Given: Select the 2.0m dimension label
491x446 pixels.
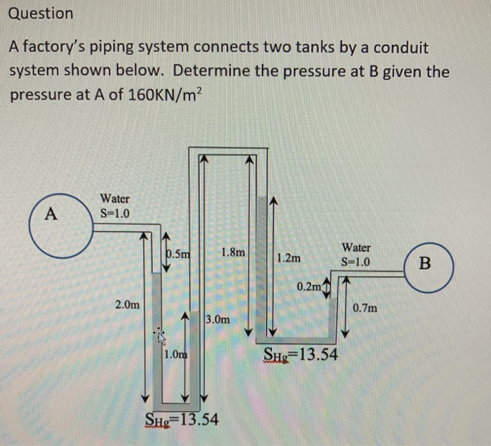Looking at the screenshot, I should coord(127,305).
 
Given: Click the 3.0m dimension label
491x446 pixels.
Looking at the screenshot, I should coord(217,319).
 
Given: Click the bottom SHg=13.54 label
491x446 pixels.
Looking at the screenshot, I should coord(181,419).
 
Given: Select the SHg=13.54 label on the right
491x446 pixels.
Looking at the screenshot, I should coord(300,354).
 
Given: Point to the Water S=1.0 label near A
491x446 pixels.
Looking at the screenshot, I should coord(114,205).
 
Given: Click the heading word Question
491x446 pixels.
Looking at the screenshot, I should coord(41,13).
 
